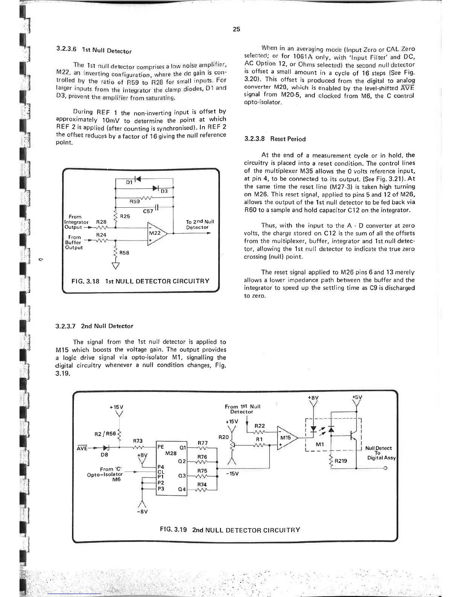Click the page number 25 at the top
tap(236, 29)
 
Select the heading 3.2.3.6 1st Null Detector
tap(94, 50)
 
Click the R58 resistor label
tap(124, 253)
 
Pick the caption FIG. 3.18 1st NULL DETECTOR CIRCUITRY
tap(140, 281)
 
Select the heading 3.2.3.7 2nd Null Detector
tap(94, 326)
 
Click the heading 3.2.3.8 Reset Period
tap(275, 139)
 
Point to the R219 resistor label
tap(341, 461)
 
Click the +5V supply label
tap(356, 397)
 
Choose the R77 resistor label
tap(203, 443)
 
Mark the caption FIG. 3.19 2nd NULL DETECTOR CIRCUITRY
tap(230, 530)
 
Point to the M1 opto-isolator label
tap(320, 444)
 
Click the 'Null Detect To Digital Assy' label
tap(378, 453)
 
